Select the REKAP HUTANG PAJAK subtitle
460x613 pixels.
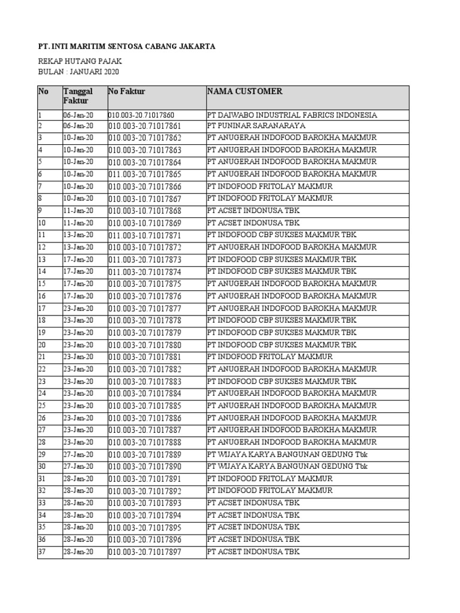(x=80, y=62)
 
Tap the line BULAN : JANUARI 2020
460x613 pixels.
(x=78, y=72)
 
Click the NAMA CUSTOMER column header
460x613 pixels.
(x=244, y=92)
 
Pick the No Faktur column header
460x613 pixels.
(x=127, y=92)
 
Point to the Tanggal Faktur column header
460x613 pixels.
(x=78, y=96)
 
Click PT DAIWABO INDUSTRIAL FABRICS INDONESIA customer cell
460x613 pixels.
(x=292, y=114)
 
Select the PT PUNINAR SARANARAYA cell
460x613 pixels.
(x=256, y=126)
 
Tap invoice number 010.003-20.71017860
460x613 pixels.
(x=141, y=114)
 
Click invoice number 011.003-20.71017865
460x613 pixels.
(x=144, y=174)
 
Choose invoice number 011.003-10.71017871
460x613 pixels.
(x=144, y=235)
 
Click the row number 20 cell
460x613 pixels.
(x=43, y=345)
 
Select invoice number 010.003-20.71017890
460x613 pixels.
(x=144, y=466)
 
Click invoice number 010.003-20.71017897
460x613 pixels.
(x=144, y=552)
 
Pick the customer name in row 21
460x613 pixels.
(x=270, y=357)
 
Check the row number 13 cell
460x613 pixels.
(x=43, y=259)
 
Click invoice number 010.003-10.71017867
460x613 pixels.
(x=144, y=199)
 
